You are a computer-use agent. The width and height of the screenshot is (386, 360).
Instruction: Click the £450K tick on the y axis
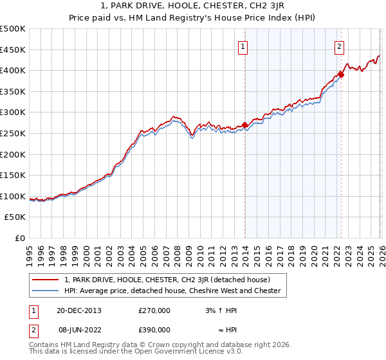(x=13, y=50)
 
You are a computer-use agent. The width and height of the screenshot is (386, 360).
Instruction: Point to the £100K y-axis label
(x=13, y=197)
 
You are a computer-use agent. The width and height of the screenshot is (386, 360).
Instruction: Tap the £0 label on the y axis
(x=19, y=239)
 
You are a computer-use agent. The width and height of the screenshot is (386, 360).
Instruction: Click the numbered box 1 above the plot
(x=243, y=46)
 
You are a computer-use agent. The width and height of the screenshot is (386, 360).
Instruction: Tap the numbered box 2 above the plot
(x=339, y=46)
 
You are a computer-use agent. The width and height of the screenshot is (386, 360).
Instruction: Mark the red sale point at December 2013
(x=244, y=125)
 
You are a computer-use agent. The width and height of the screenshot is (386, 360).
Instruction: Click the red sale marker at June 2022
(x=341, y=74)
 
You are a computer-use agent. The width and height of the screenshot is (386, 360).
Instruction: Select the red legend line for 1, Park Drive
(x=46, y=280)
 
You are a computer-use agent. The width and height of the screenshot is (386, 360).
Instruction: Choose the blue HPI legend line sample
(x=46, y=291)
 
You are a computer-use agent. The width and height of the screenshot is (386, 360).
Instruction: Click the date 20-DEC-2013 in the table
(x=79, y=310)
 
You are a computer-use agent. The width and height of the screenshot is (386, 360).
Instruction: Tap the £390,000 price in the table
(x=154, y=329)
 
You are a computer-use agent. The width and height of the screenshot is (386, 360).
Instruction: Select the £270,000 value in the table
(x=154, y=310)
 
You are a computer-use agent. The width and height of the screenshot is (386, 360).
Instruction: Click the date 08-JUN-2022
(x=79, y=329)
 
